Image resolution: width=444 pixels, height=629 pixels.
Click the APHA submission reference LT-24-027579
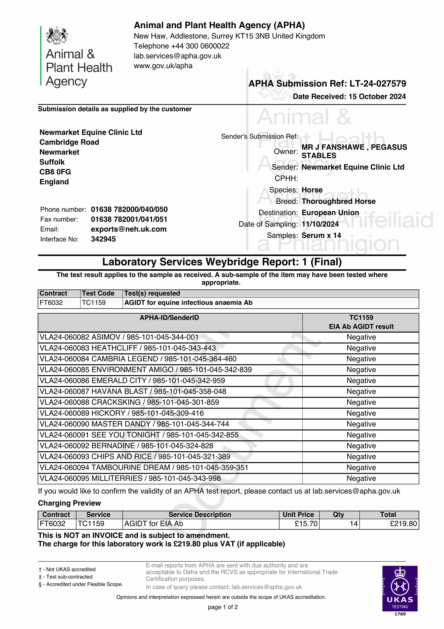378,84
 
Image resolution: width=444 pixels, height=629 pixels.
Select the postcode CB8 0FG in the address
55,172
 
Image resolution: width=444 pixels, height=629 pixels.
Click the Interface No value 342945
103,239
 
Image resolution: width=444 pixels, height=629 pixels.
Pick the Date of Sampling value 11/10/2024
320,224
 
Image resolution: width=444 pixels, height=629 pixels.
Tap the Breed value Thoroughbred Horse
338,201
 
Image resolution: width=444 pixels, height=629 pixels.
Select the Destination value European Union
330,213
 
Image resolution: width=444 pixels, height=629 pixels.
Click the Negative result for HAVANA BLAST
361,391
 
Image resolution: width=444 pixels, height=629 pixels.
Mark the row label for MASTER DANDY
134,424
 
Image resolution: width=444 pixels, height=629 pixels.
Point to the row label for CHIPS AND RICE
135,457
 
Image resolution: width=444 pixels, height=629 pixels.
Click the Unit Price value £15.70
306,524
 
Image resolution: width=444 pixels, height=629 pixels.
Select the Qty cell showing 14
353,524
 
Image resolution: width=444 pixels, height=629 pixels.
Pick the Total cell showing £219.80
403,524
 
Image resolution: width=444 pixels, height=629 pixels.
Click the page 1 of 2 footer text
223,607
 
